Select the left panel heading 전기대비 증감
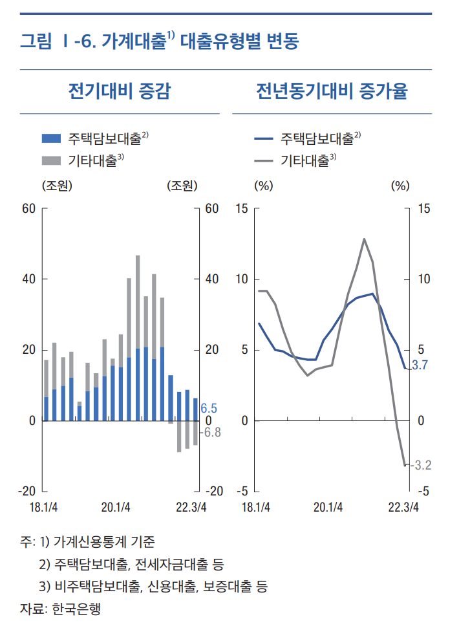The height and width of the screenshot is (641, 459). pos(119,91)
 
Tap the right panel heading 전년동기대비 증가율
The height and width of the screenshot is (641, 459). pos(332,91)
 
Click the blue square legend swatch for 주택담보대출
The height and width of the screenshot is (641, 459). pos(51,138)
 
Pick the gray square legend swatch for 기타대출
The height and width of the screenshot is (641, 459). pos(51,160)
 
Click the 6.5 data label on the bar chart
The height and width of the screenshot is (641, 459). pos(209,409)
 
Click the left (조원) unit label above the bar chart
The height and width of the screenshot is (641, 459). pos(56,186)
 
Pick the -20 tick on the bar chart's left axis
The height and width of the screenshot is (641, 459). pos(27,492)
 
